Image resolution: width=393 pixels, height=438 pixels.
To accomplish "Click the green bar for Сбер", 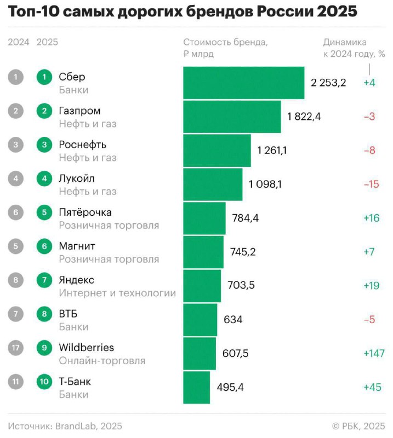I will [x=243, y=83].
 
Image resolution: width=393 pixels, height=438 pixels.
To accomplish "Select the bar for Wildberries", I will [x=200, y=354].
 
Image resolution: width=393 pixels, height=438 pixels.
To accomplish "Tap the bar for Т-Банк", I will [x=196, y=388].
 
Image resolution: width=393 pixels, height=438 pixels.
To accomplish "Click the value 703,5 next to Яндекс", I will [x=241, y=285].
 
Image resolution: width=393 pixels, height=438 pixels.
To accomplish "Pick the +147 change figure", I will [x=374, y=354].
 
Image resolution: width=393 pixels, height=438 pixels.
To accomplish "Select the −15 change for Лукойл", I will [x=371, y=185].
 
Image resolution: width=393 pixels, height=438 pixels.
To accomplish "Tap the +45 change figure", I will [x=372, y=388].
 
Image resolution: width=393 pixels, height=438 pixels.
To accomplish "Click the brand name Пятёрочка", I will [x=85, y=212].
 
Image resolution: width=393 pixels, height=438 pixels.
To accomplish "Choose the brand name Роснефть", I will [x=83, y=145].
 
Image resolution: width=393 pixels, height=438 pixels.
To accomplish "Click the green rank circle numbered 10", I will [x=44, y=382].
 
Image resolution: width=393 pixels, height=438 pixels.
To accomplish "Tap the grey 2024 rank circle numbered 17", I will [x=16, y=348].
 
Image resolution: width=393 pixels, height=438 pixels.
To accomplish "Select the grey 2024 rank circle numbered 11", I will [x=16, y=382].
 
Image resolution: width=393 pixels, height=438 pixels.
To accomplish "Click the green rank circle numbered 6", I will [x=44, y=246].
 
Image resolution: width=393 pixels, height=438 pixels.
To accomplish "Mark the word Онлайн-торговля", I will [x=102, y=361].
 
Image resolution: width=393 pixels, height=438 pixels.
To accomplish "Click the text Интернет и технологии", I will [x=117, y=293].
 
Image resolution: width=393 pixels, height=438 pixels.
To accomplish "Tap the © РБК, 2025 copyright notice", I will [x=358, y=426].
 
